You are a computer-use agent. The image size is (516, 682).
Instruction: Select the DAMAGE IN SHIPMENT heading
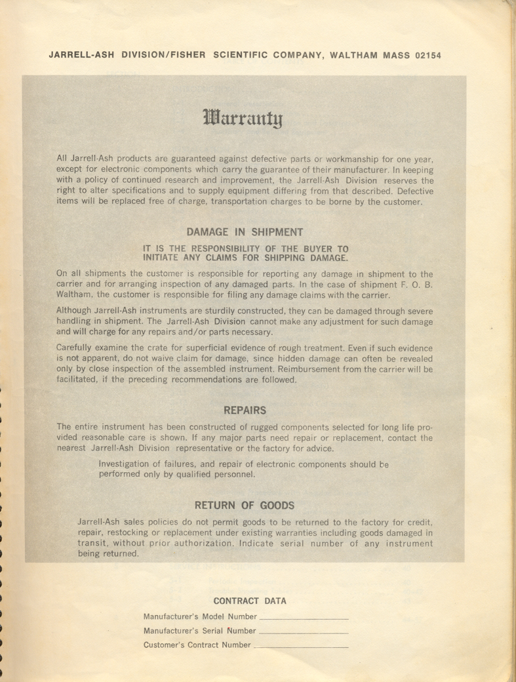click(245, 231)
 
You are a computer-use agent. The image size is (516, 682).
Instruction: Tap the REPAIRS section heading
click(245, 411)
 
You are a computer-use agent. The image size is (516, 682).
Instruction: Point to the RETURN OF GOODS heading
click(245, 506)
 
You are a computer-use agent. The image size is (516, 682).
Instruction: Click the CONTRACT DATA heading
click(250, 601)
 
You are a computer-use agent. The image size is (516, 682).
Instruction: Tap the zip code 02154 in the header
click(427, 56)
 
